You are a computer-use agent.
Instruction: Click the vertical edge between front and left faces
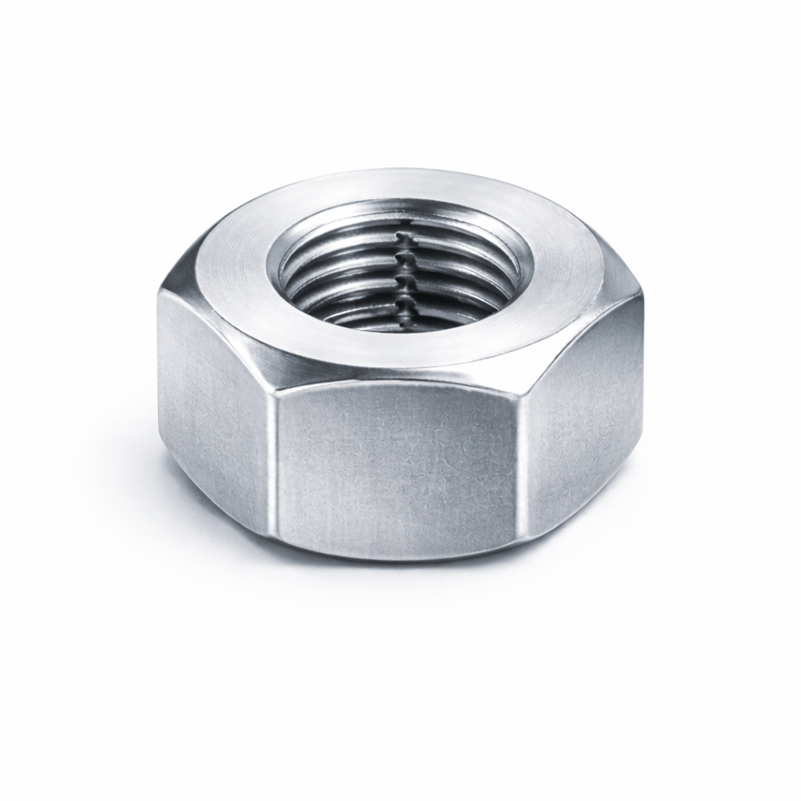click(x=275, y=462)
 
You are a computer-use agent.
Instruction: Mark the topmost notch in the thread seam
click(x=402, y=235)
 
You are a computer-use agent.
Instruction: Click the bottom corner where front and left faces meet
click(x=276, y=540)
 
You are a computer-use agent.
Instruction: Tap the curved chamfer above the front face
click(x=395, y=375)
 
